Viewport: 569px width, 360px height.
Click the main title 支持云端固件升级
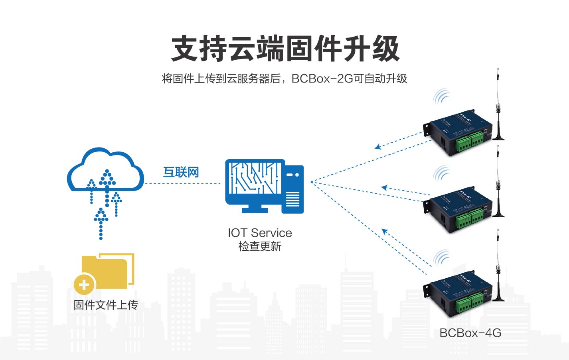285,49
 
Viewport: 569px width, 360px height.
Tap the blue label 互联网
181,172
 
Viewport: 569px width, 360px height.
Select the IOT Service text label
260,233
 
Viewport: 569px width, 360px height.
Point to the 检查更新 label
260,246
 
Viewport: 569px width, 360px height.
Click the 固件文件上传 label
106,305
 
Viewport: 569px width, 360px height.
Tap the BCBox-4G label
470,333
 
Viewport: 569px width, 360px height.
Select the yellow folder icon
108,271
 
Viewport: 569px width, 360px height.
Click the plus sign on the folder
84,285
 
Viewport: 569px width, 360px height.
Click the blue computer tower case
293,189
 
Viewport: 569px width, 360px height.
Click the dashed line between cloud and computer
183,183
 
